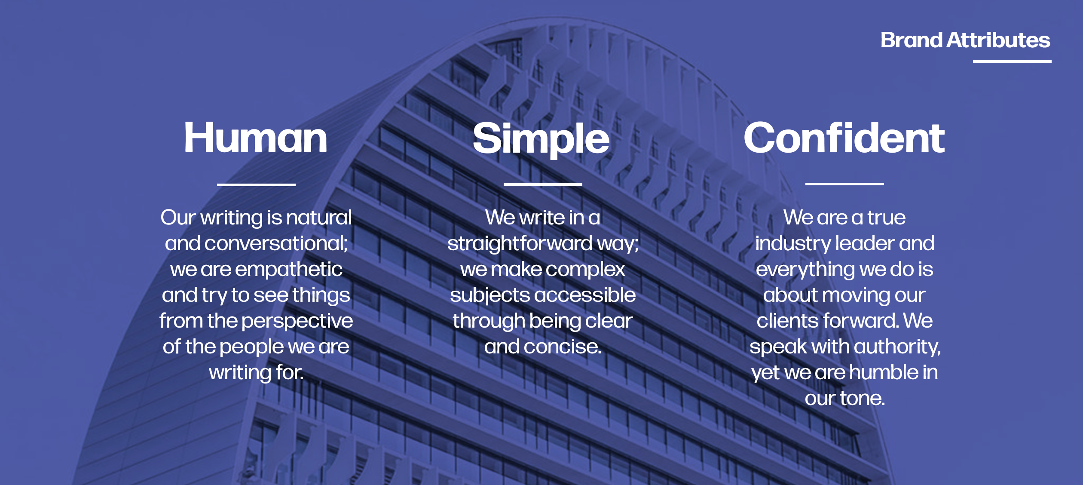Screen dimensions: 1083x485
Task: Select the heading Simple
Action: pos(541,138)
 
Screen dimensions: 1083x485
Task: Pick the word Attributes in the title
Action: pos(998,40)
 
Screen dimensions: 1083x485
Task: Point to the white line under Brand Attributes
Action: pos(1012,61)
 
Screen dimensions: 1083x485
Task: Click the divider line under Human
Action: pos(256,184)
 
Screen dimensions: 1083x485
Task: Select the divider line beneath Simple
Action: pos(543,184)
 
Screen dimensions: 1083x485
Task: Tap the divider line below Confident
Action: pos(844,184)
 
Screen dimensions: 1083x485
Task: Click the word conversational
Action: pos(275,244)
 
